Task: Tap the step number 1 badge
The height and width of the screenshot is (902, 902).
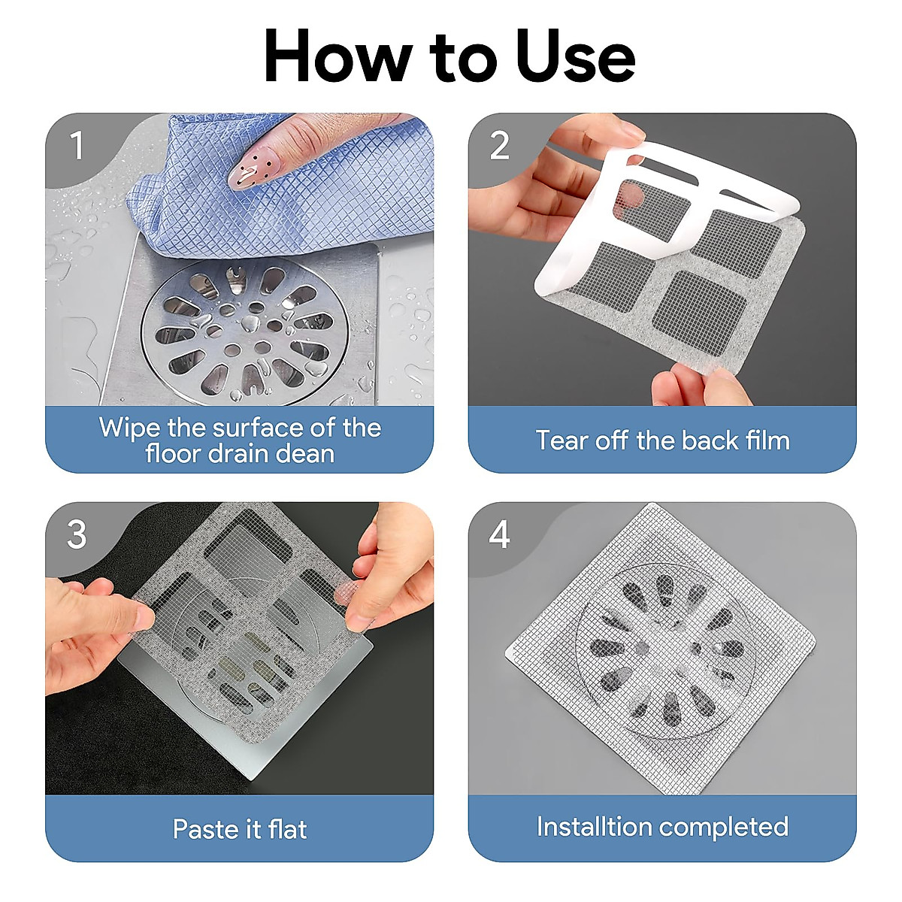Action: (77, 146)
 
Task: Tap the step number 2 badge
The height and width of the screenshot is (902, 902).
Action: (500, 146)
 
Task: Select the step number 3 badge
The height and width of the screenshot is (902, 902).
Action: (77, 535)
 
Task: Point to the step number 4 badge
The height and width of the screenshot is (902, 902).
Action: (500, 535)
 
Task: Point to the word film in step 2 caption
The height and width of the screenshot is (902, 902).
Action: (767, 440)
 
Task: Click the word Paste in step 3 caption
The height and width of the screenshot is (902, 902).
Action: (204, 829)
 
